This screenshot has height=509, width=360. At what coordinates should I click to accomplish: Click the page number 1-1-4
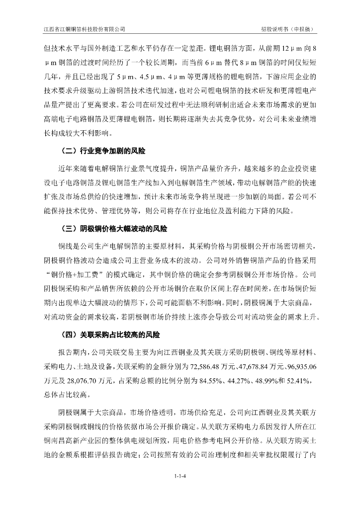[180, 477]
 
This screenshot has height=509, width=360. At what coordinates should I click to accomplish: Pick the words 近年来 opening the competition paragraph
[68, 169]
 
